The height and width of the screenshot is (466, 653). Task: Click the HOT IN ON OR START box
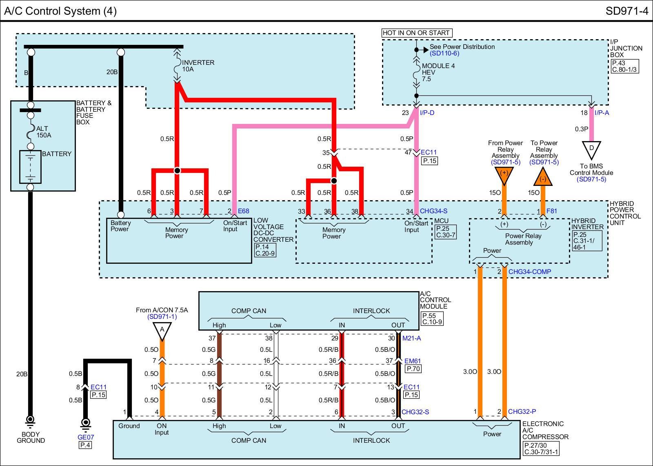click(x=417, y=33)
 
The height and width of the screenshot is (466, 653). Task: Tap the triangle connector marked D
click(x=591, y=149)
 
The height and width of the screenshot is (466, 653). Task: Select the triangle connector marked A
click(x=162, y=331)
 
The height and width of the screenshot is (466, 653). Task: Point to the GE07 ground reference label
click(x=86, y=437)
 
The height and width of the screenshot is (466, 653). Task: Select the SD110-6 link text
click(x=444, y=53)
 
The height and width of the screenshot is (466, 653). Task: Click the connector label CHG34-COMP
click(x=530, y=272)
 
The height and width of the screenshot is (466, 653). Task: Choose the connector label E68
click(x=243, y=211)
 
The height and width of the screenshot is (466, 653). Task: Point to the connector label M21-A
click(x=412, y=338)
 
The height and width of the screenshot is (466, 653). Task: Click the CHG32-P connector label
click(x=522, y=411)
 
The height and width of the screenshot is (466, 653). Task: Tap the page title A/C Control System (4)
click(x=60, y=11)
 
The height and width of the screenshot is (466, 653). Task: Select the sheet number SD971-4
click(x=627, y=11)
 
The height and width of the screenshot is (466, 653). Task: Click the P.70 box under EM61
click(x=413, y=369)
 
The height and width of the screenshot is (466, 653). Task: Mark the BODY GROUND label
click(x=31, y=437)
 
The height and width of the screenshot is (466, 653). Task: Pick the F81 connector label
click(x=551, y=211)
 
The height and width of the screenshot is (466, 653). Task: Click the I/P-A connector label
click(x=602, y=113)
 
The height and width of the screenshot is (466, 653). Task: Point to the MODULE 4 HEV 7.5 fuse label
click(x=438, y=73)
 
